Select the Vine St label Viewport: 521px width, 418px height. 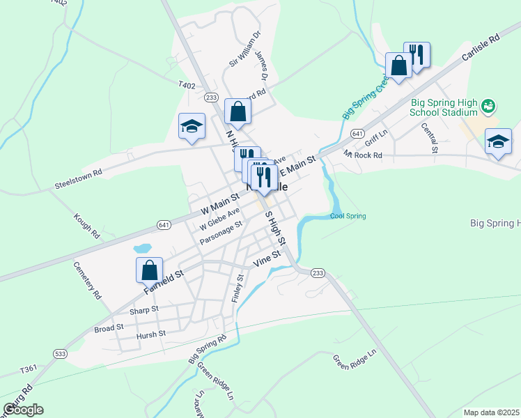(x=266, y=259)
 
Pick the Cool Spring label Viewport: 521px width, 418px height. (x=348, y=216)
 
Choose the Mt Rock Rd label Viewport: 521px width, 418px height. (x=363, y=155)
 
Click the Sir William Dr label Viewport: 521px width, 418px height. (x=245, y=49)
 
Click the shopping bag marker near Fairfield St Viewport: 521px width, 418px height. (x=150, y=270)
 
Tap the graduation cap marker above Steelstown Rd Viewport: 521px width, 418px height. (x=192, y=126)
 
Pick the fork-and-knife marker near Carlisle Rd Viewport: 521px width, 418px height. (x=417, y=54)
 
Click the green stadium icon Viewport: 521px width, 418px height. (x=488, y=105)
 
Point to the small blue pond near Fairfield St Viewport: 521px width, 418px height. (x=142, y=248)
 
